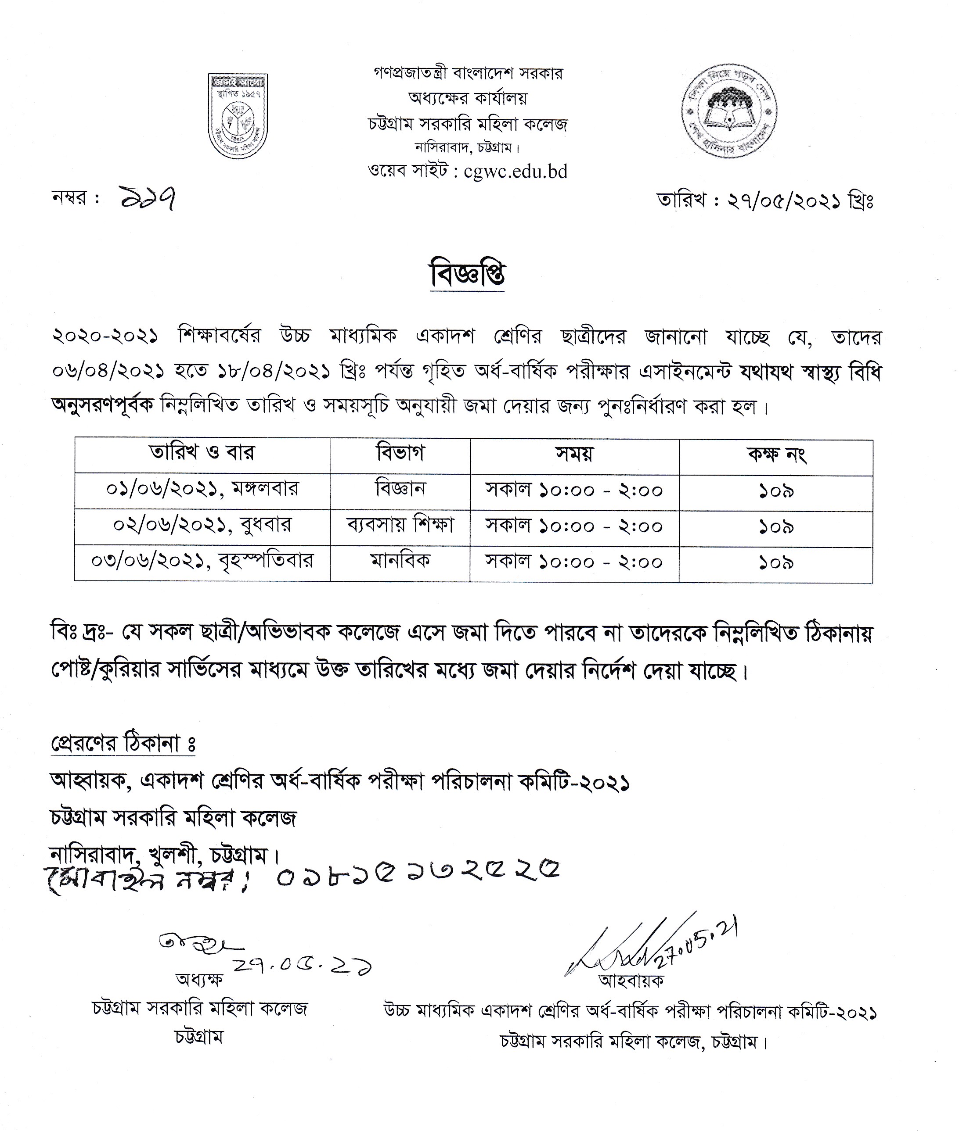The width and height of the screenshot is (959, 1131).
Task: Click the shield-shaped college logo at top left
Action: click(x=238, y=116)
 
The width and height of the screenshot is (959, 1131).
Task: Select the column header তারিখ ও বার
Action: click(x=202, y=454)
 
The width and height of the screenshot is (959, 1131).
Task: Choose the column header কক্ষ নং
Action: click(x=776, y=454)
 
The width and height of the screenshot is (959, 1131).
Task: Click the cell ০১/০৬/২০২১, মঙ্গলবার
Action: click(x=202, y=490)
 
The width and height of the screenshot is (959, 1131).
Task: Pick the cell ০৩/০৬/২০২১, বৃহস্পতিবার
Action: click(x=202, y=562)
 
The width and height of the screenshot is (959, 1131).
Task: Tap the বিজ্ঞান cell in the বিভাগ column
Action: click(x=400, y=490)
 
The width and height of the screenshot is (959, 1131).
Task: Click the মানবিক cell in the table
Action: click(x=400, y=562)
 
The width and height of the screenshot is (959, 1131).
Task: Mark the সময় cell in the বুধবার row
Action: click(x=574, y=526)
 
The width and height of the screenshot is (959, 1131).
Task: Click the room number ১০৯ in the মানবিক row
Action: click(x=776, y=563)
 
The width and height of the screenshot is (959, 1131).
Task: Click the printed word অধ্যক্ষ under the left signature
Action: click(x=199, y=979)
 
